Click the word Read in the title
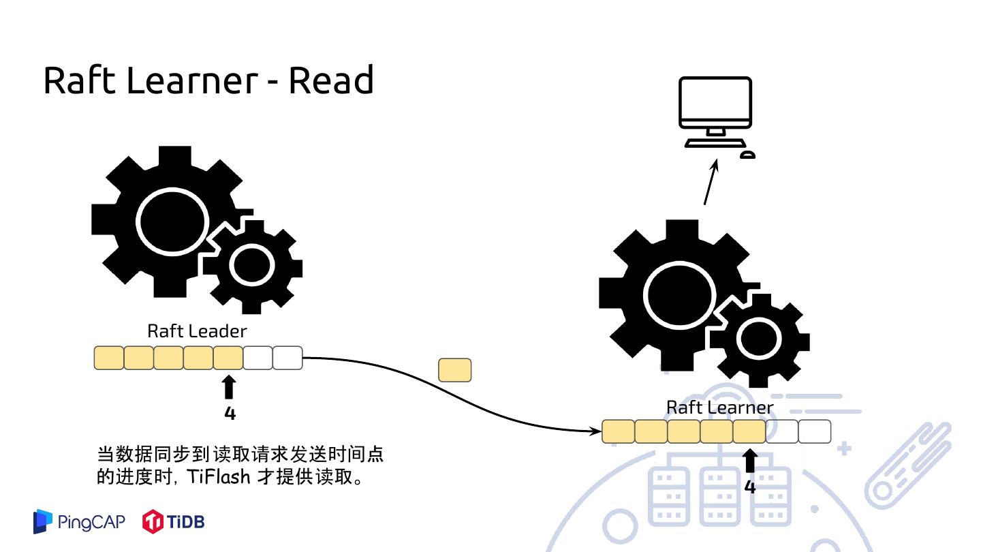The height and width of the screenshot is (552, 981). point(330,80)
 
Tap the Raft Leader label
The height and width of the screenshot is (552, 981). point(197,331)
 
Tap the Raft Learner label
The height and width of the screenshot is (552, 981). point(719,408)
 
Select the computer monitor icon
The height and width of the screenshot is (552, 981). point(715,114)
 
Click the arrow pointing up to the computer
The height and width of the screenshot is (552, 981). point(710,183)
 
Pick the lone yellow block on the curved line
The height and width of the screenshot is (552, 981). point(454,370)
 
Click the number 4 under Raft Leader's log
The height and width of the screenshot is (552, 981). point(230,413)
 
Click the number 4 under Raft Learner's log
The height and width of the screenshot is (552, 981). point(749,487)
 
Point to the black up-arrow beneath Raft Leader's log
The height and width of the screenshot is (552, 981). point(230,388)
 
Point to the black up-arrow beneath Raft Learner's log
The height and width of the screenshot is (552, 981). point(749,461)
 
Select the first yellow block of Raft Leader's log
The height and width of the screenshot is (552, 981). point(109,358)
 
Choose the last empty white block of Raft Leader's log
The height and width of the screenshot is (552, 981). point(287,358)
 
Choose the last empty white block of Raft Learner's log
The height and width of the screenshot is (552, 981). point(815,431)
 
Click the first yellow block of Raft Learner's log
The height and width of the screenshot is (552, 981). point(618,431)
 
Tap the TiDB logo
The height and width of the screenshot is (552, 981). point(173,522)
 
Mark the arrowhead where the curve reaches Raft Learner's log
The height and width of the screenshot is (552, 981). point(595,431)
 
